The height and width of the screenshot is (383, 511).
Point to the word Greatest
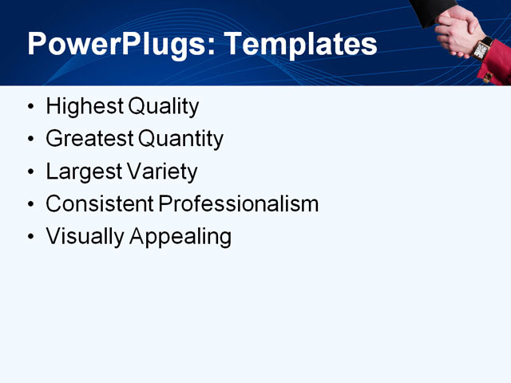(89, 139)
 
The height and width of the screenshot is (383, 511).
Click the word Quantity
(180, 140)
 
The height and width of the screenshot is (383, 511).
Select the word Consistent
(100, 204)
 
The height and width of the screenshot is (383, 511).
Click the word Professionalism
(239, 204)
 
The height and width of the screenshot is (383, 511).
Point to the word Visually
(81, 237)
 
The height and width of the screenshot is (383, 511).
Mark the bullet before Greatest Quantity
(30, 140)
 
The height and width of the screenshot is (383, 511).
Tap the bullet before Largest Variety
(30, 172)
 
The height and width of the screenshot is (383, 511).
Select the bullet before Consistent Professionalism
(30, 205)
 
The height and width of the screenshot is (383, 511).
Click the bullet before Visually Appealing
(30, 237)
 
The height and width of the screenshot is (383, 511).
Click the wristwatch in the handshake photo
(481, 48)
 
